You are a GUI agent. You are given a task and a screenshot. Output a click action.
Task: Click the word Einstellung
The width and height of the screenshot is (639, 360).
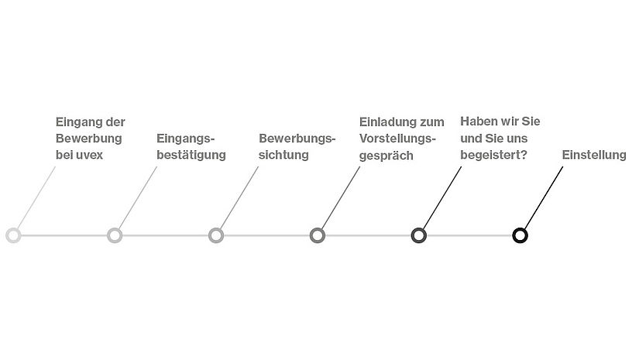point(594,155)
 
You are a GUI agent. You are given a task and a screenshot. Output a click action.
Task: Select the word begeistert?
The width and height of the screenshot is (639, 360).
point(493,155)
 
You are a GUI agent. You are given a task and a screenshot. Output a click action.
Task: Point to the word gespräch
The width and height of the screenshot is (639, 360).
point(386,156)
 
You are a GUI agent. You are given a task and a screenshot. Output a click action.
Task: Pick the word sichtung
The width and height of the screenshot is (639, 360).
point(283,155)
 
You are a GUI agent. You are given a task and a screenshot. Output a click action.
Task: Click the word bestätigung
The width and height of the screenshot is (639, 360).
point(191,155)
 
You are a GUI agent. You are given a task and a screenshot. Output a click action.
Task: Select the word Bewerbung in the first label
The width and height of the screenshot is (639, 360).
point(89,138)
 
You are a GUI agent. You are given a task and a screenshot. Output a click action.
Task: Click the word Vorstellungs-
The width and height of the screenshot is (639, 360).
point(397,139)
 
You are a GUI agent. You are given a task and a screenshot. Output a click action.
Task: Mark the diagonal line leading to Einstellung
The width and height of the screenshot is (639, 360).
point(544,198)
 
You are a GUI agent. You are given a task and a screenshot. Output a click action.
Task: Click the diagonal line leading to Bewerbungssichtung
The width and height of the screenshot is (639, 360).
point(239,198)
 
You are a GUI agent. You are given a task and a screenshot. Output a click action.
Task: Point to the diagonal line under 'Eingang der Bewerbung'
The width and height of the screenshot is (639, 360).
point(36,198)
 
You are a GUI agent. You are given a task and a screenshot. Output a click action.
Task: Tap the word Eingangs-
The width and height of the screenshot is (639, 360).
point(185,139)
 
